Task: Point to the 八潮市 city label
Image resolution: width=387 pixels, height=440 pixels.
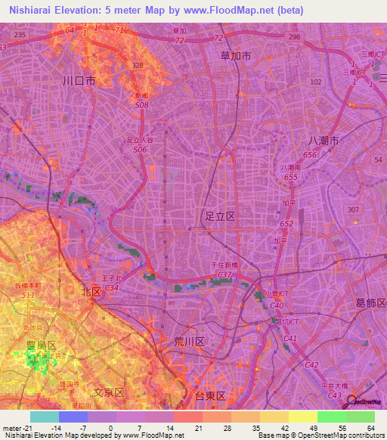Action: coord(324,141)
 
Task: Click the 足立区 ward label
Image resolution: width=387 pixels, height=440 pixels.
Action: coord(221,216)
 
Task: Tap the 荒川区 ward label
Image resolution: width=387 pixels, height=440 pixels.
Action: coord(189,342)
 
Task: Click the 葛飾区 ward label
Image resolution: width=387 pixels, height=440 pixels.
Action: coord(371,303)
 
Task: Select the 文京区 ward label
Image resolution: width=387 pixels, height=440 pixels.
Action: coord(108,392)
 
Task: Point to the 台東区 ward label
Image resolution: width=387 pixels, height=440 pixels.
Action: coord(211,395)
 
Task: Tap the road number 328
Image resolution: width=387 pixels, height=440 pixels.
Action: coord(138,66)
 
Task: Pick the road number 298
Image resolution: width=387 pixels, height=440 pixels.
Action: coord(294,36)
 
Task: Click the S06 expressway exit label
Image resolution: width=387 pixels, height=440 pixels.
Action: coord(140,150)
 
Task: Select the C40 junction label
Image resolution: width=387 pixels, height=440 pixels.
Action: coord(277,305)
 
